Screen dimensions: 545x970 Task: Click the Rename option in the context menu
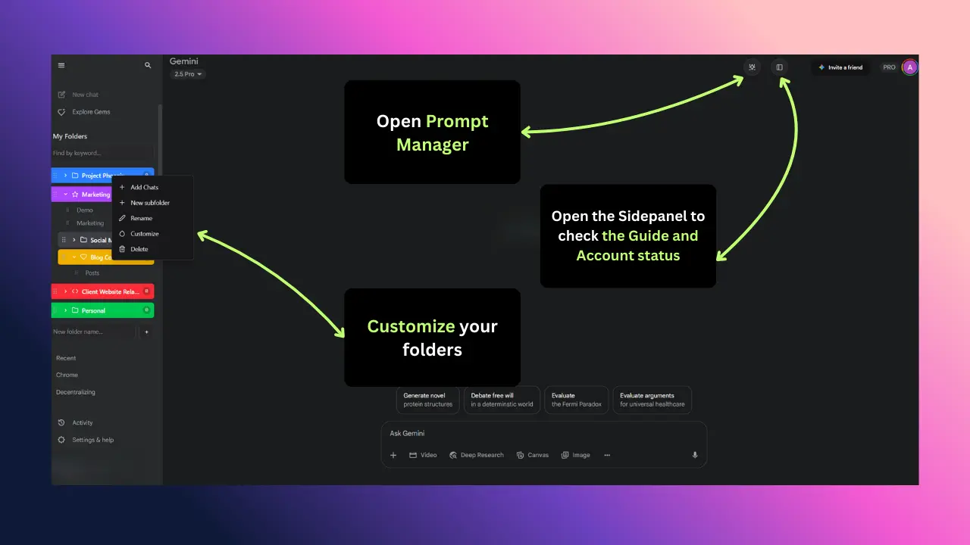(x=141, y=218)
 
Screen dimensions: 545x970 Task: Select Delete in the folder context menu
(x=139, y=249)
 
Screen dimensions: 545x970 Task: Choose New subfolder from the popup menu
(x=149, y=203)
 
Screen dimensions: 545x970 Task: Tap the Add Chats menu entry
(x=144, y=187)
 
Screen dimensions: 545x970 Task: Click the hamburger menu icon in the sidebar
(x=61, y=66)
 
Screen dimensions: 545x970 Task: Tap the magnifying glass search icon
(x=148, y=66)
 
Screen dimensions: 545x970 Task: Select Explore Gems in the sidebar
(x=91, y=112)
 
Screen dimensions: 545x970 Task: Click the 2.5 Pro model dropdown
(x=188, y=74)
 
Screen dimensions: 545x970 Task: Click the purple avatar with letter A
(x=910, y=67)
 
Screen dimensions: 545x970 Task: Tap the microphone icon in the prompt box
(x=695, y=455)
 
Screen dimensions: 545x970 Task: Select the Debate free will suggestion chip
(x=502, y=400)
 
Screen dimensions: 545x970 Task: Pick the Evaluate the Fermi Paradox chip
(x=577, y=400)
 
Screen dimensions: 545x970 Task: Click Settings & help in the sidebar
(x=92, y=440)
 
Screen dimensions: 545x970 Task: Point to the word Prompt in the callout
(x=457, y=122)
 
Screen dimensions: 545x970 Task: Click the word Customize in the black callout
(x=411, y=327)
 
